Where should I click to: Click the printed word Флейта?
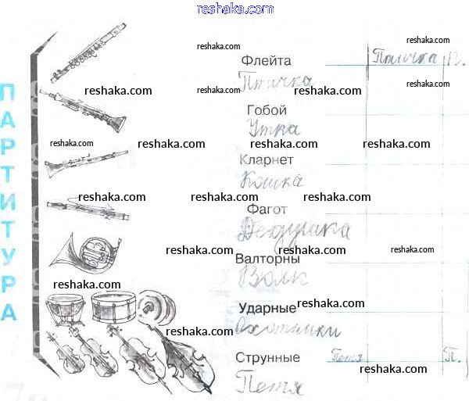[267, 60]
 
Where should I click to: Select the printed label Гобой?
[267, 110]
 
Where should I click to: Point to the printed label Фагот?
[266, 209]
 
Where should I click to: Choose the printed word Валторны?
[267, 259]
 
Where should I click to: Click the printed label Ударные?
[266, 308]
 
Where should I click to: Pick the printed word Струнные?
[267, 357]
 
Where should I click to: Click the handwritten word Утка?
[271, 129]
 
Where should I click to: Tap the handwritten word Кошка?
[271, 180]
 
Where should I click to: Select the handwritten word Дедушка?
[293, 230]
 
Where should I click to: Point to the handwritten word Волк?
[273, 277]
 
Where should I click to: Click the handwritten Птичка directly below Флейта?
[275, 81]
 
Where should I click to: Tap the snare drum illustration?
[114, 306]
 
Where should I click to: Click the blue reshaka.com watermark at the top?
[235, 9]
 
